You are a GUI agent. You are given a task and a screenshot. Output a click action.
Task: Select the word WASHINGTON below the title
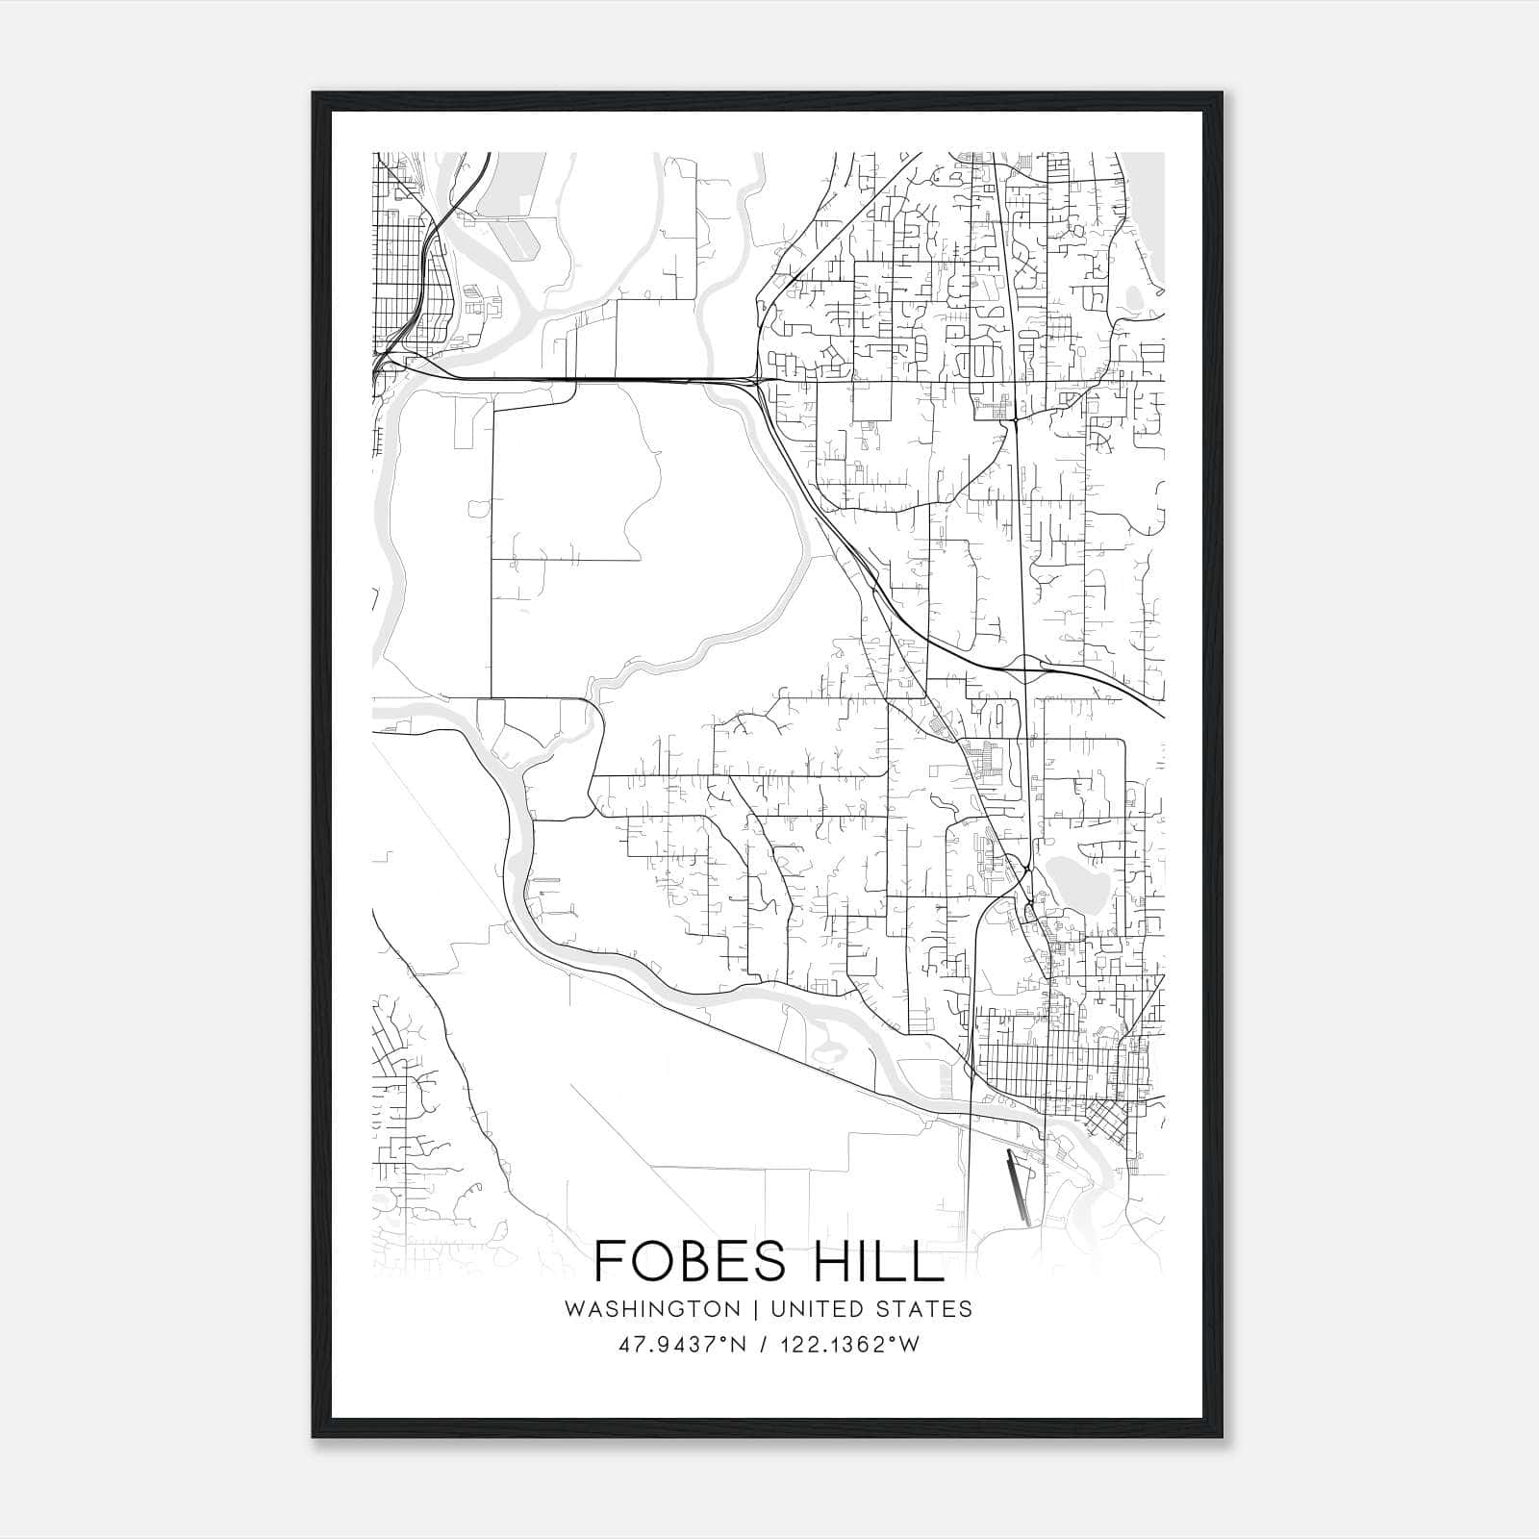(652, 1309)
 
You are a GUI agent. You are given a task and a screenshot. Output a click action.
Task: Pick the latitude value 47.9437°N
(683, 1344)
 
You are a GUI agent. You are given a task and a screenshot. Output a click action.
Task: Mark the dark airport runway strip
(1018, 1188)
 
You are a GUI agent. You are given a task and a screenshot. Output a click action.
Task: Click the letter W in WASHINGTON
(574, 1309)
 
